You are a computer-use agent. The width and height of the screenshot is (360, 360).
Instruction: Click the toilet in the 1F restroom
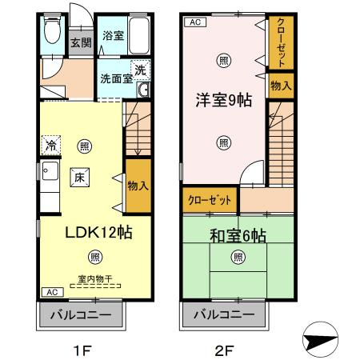(x=52, y=33)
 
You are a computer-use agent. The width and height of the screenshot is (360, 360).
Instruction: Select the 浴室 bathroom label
(x=113, y=36)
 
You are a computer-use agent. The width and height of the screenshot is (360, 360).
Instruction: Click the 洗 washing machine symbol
(x=139, y=69)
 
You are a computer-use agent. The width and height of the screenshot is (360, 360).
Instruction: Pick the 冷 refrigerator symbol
(x=50, y=146)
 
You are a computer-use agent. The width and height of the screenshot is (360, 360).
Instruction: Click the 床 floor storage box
(x=80, y=178)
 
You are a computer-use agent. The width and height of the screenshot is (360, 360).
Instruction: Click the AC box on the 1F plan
(x=50, y=291)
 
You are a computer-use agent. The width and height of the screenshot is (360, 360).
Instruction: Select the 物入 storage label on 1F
(x=138, y=185)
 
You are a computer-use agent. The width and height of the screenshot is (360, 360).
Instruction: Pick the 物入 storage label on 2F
(x=280, y=85)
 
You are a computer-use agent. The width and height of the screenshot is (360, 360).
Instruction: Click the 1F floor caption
(x=83, y=349)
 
